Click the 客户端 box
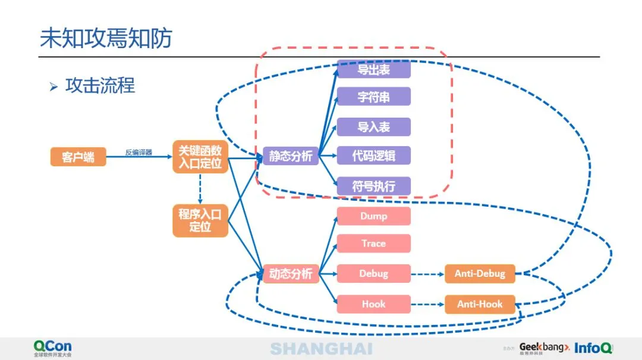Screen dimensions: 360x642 click(78, 157)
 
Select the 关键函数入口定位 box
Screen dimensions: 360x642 click(200, 157)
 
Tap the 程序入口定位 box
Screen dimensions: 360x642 click(200, 220)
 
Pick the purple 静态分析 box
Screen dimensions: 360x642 click(291, 156)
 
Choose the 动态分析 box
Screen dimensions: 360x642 click(291, 274)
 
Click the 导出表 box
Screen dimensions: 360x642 click(374, 69)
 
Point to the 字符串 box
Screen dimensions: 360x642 click(374, 97)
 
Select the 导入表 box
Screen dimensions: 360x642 click(374, 127)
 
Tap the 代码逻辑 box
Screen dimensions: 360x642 click(374, 156)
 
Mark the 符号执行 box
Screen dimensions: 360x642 click(374, 186)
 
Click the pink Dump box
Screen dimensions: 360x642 click(374, 216)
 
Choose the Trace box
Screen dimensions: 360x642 click(374, 244)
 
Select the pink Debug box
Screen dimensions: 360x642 click(374, 274)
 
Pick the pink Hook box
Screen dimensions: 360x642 click(374, 304)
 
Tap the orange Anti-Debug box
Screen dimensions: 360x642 click(480, 274)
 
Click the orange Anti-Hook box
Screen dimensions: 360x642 click(480, 304)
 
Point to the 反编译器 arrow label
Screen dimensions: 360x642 click(139, 153)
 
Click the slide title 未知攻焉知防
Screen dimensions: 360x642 click(106, 38)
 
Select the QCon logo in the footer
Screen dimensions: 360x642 click(52, 348)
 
